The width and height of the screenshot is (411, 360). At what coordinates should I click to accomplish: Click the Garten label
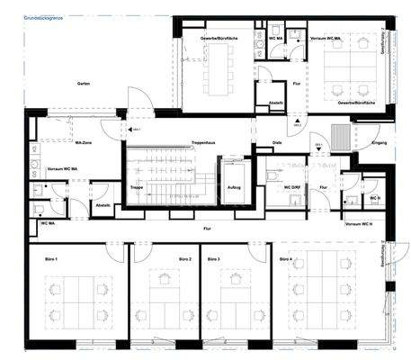pos(83,83)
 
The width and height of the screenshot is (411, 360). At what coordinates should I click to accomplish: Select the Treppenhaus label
pos(203,142)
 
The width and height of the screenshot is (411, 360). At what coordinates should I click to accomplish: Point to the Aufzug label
pos(236,187)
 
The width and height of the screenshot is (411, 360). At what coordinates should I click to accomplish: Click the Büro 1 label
pos(51,259)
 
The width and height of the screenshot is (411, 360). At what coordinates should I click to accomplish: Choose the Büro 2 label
pos(158,259)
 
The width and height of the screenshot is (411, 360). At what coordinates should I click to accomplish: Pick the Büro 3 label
pos(213,259)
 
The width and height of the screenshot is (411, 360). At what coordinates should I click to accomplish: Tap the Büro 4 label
pos(285,259)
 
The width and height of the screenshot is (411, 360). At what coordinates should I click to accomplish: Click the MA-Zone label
pos(85,142)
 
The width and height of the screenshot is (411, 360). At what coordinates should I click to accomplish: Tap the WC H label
pos(374,197)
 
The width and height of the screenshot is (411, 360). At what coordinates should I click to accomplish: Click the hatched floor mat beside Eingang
pos(342,134)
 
